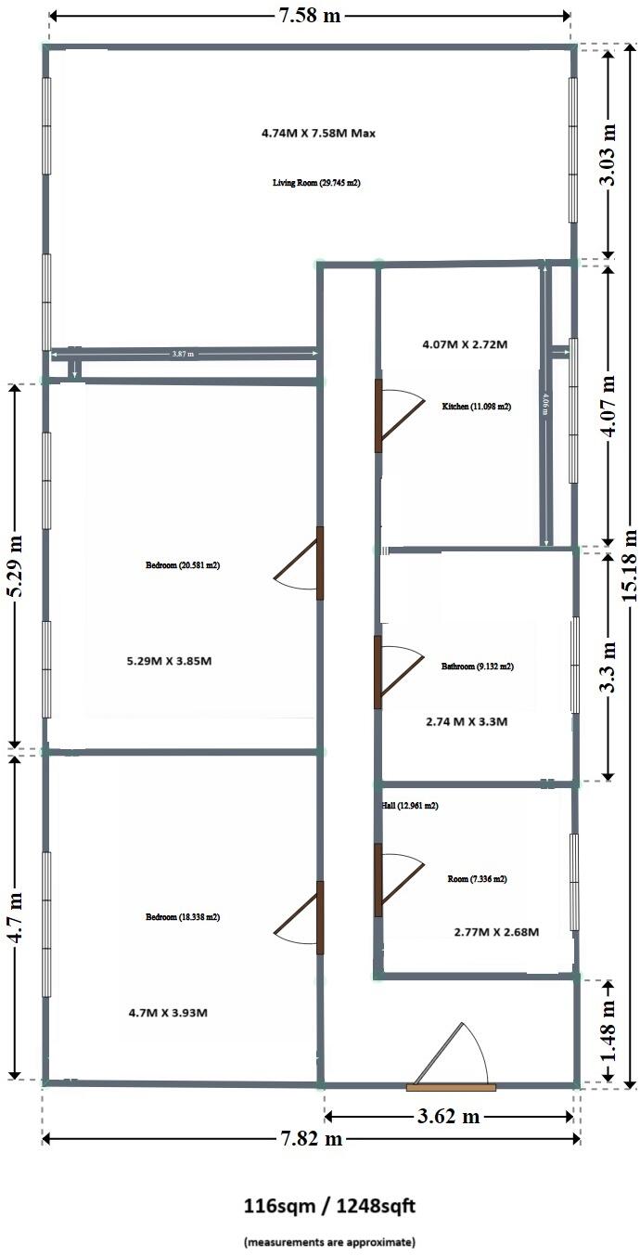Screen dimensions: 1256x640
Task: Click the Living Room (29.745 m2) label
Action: [315, 183]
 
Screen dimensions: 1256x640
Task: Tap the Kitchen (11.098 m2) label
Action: [477, 407]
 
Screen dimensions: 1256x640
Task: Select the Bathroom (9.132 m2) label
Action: [477, 666]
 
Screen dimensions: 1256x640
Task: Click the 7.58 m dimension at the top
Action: [310, 16]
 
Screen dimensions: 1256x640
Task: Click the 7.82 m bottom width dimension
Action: [310, 1139]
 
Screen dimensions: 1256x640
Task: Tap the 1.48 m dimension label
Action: [608, 1029]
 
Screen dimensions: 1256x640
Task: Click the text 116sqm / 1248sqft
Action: [328, 1206]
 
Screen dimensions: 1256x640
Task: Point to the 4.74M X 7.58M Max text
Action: [318, 133]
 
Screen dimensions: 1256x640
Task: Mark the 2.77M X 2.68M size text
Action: [496, 931]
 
